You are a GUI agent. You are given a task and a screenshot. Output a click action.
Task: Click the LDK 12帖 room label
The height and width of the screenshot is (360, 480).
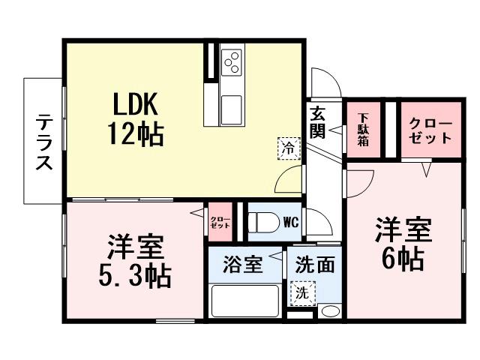coord(134,120)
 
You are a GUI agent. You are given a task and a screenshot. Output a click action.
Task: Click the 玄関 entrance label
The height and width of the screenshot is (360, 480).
coord(317,123)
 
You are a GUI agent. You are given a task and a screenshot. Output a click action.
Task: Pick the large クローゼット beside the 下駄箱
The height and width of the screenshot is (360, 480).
coord(430,131)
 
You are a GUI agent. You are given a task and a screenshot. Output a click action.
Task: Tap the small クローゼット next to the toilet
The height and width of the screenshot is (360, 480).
coord(220,222)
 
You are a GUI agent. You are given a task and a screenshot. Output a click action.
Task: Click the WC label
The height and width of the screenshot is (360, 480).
coord(292,221)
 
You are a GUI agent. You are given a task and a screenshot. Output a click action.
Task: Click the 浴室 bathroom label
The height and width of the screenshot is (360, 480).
coord(243,265)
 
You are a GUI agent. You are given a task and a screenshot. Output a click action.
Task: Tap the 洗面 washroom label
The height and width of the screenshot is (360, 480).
coord(309,265)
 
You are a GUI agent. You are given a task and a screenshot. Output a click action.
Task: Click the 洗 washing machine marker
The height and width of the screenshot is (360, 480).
coord(302,293)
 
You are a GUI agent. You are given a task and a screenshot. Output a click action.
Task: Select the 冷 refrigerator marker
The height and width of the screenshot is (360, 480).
coord(289,148)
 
